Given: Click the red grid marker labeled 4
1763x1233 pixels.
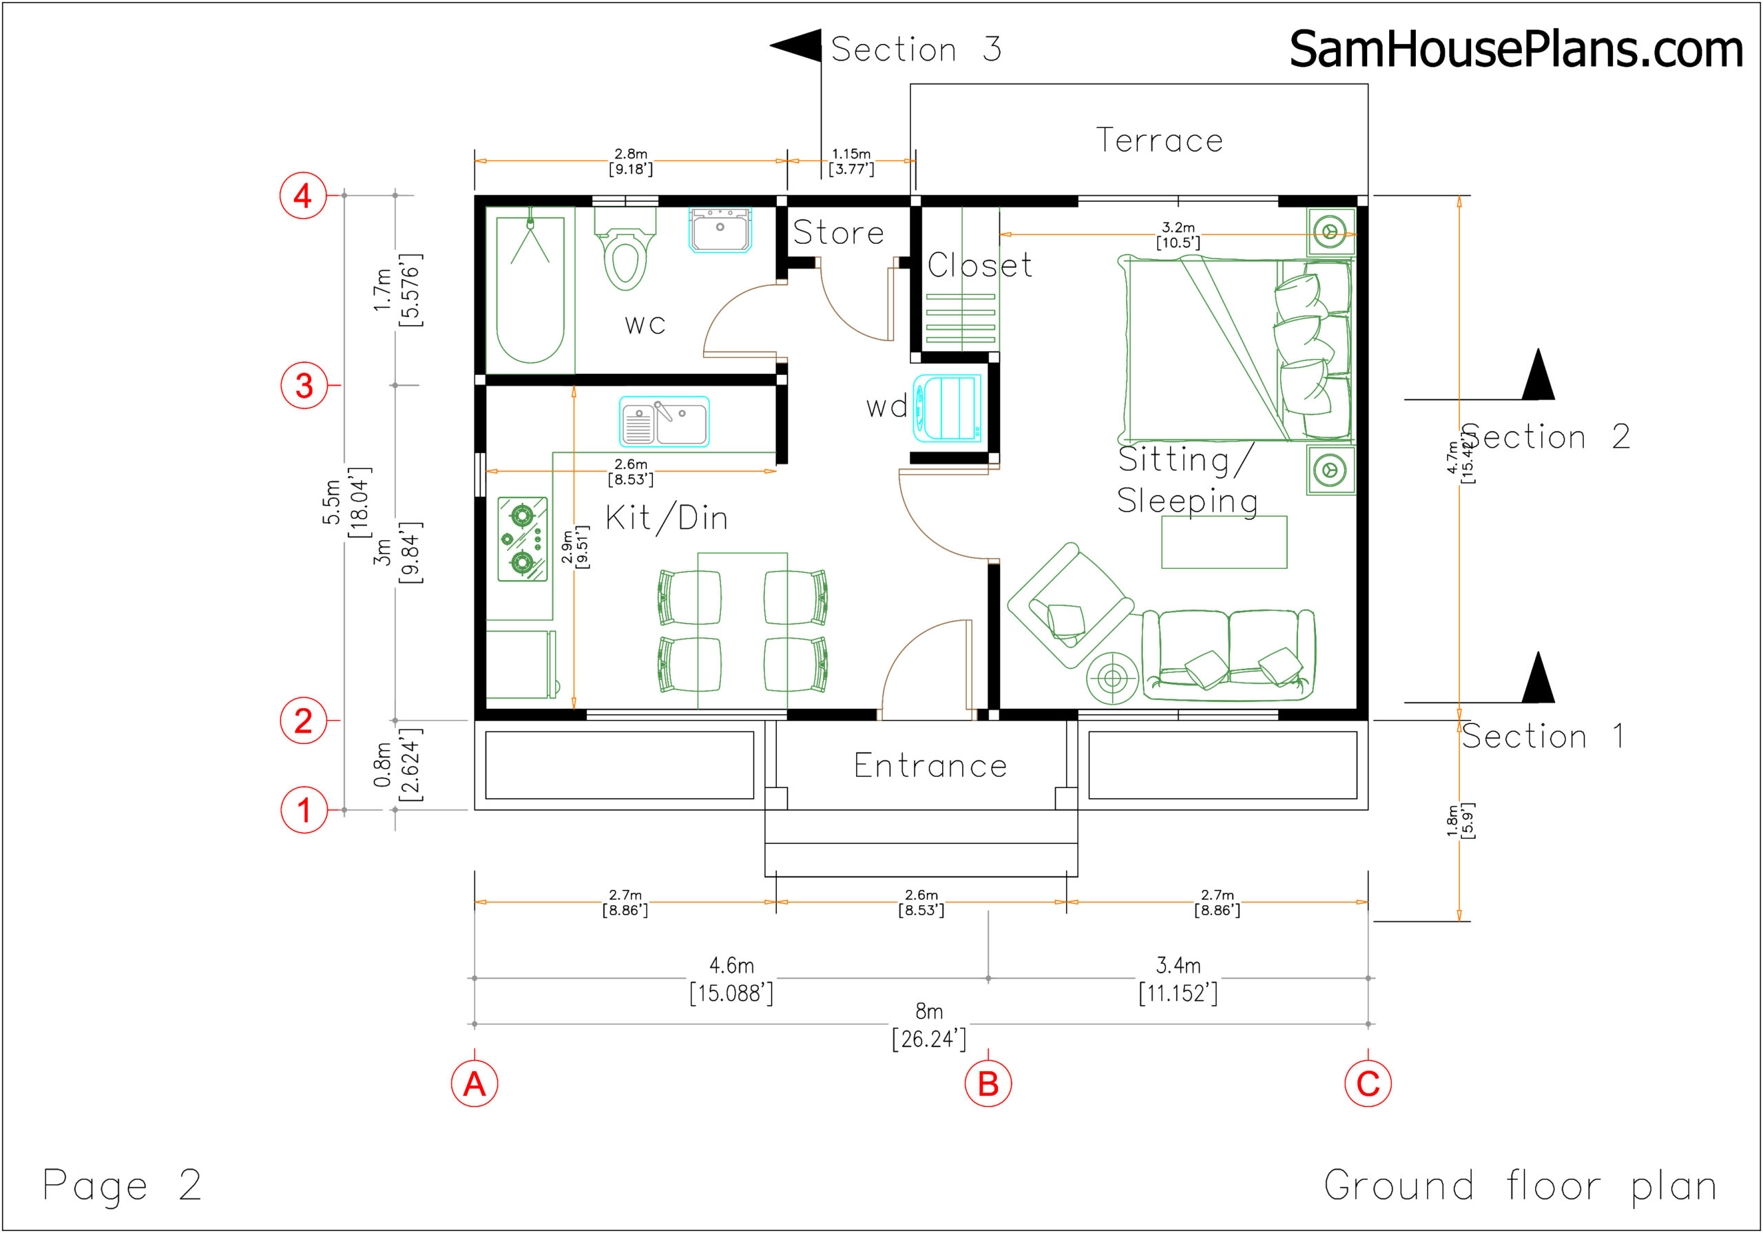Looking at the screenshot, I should pos(303,195).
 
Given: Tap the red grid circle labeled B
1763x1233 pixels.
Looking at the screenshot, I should pos(988,1084).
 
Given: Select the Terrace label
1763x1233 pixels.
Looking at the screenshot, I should pos(1159,141).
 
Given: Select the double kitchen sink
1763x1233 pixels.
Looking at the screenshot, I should pos(664,422).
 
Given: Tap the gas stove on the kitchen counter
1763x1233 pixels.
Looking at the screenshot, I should pos(522,539).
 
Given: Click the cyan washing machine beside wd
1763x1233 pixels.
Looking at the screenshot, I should pos(948,408).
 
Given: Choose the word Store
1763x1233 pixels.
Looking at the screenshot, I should pos(837,233).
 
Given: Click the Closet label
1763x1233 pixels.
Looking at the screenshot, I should pos(979,266).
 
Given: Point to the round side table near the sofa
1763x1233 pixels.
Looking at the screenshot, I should pos(1112,678).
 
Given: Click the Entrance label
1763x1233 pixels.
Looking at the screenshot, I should pos(930,766).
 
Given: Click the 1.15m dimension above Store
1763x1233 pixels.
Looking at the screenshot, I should pos(851,161).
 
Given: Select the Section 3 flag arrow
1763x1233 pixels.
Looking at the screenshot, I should pos(796,46).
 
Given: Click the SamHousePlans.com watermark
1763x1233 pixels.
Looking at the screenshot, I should pos(1516,49).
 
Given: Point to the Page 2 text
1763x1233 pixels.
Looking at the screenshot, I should pos(121,1185).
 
